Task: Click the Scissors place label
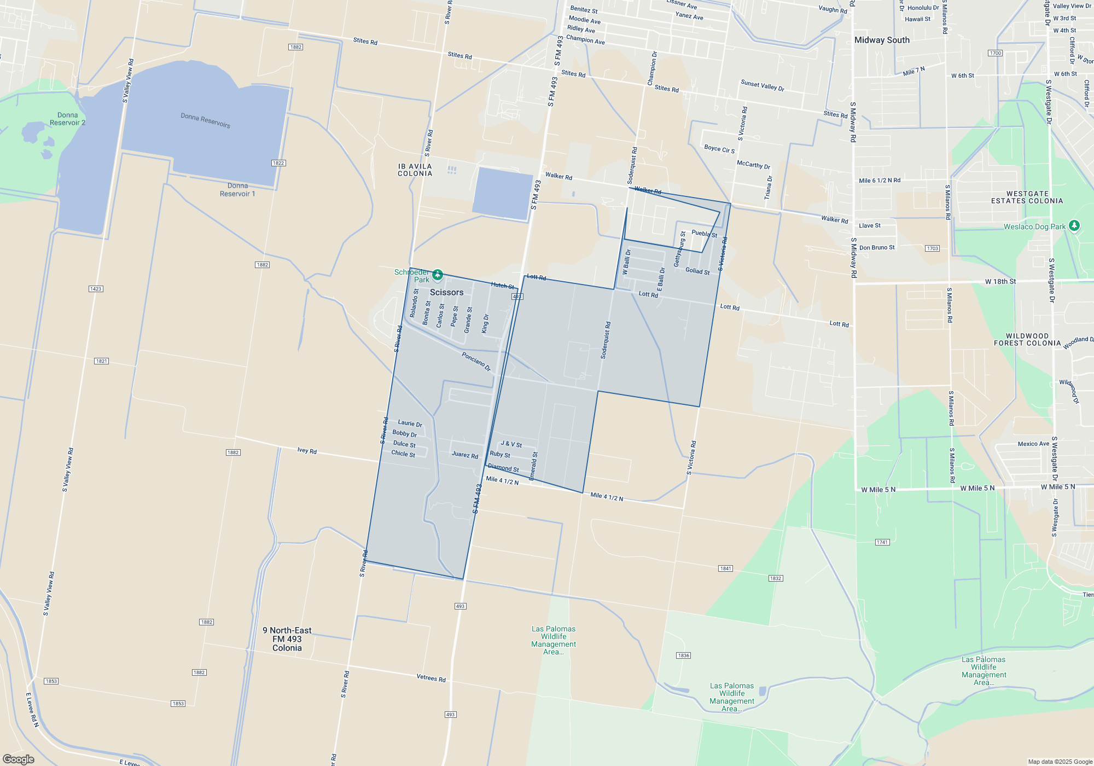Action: pyautogui.click(x=446, y=292)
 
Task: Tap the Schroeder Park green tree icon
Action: pyautogui.click(x=438, y=275)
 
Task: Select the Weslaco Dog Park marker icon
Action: pyautogui.click(x=1074, y=225)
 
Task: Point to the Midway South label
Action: pyautogui.click(x=882, y=40)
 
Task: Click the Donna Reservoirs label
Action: pyautogui.click(x=205, y=120)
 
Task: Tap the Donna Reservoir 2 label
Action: pyautogui.click(x=68, y=119)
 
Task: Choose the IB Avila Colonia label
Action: pyautogui.click(x=415, y=170)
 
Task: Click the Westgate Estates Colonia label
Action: pyautogui.click(x=1027, y=198)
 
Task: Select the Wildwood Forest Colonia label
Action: pyautogui.click(x=1027, y=340)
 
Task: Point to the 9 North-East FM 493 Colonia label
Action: pyautogui.click(x=287, y=639)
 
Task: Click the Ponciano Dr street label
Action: pyautogui.click(x=476, y=362)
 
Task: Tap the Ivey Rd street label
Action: pyautogui.click(x=307, y=451)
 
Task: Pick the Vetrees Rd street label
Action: pyautogui.click(x=431, y=678)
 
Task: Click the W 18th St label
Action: pyautogui.click(x=1000, y=282)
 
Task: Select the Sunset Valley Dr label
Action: pyautogui.click(x=762, y=85)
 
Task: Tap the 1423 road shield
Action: pyautogui.click(x=96, y=289)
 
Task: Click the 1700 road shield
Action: pyautogui.click(x=995, y=53)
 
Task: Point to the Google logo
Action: pyautogui.click(x=19, y=759)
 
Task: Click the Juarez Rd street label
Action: pyautogui.click(x=464, y=455)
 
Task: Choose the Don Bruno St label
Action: pyautogui.click(x=876, y=248)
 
